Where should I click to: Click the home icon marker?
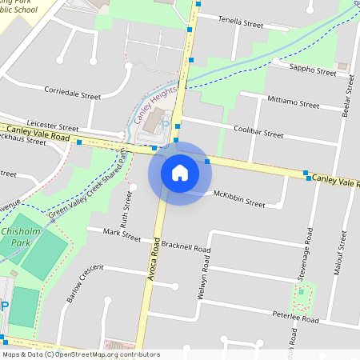point(180,172)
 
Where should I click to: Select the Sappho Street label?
point(313,72)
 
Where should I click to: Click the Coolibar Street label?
point(258,132)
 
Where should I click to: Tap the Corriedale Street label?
point(72,95)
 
